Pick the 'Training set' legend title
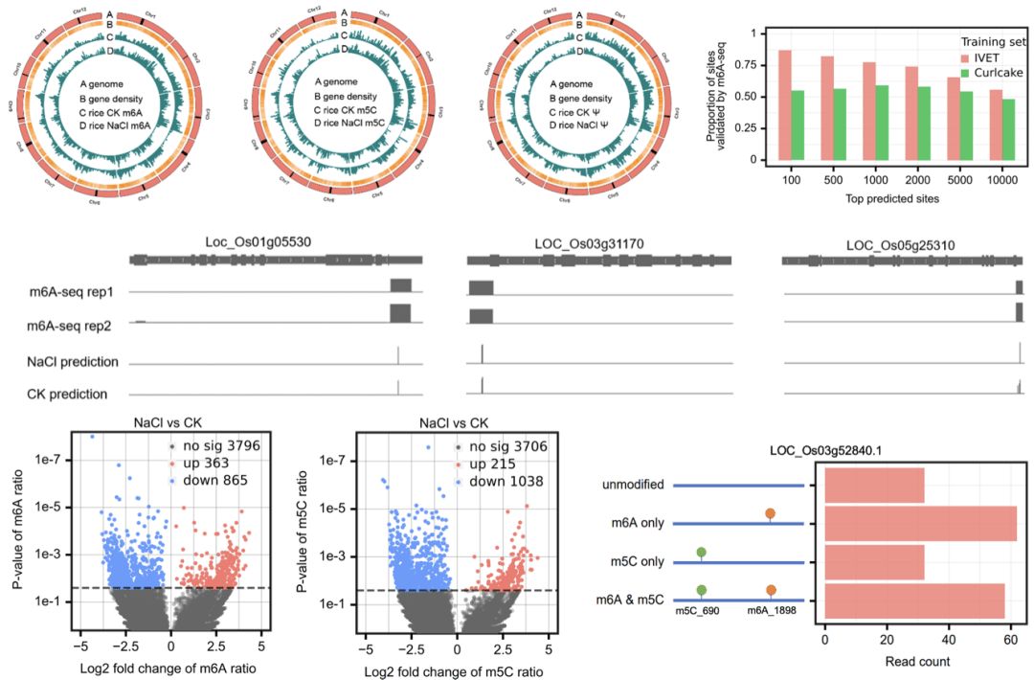click(x=994, y=43)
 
